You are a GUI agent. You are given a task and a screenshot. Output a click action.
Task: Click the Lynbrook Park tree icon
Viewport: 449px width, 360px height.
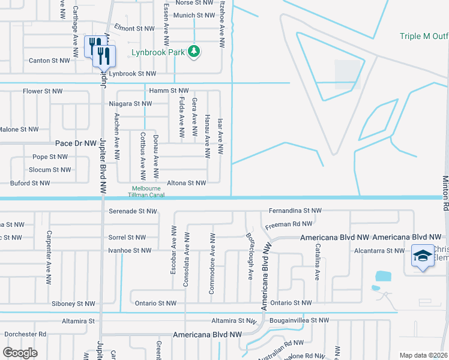pyautogui.click(x=193, y=52)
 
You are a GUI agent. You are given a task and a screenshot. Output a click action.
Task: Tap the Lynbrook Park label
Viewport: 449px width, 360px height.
pyautogui.click(x=158, y=52)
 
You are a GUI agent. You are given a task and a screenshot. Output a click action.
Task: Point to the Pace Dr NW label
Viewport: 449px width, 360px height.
pyautogui.click(x=76, y=143)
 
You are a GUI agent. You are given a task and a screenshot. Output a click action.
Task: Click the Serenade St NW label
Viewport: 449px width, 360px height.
pyautogui.click(x=133, y=211)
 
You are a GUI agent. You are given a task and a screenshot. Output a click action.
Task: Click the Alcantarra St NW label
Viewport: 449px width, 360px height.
pyautogui.click(x=379, y=250)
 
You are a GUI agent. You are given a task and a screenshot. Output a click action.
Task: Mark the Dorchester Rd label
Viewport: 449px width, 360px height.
pyautogui.click(x=25, y=334)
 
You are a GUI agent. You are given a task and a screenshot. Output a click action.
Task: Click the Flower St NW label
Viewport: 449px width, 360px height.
pyautogui.click(x=43, y=91)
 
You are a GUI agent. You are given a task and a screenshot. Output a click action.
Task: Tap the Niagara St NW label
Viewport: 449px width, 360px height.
pyautogui.click(x=130, y=103)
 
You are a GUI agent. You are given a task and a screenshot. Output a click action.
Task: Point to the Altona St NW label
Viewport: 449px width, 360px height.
pyautogui.click(x=184, y=183)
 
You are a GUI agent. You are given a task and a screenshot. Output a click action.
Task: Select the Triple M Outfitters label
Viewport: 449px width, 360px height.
pyautogui.click(x=424, y=37)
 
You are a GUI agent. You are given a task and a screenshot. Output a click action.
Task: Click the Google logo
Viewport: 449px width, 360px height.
pyautogui.click(x=20, y=353)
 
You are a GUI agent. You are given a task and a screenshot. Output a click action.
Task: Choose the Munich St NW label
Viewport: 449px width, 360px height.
pyautogui.click(x=195, y=15)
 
